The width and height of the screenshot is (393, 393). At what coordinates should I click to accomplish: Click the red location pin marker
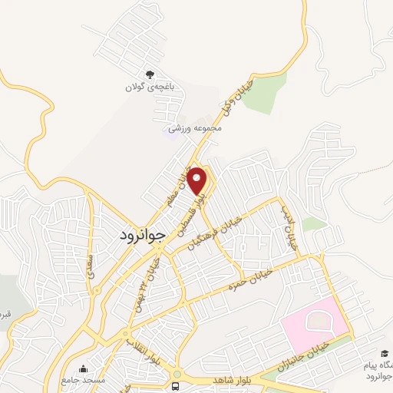coord(198,180)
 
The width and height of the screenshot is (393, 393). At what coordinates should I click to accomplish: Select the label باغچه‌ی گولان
coord(150,88)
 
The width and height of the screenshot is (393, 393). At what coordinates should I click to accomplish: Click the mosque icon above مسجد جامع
coord(83,369)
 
